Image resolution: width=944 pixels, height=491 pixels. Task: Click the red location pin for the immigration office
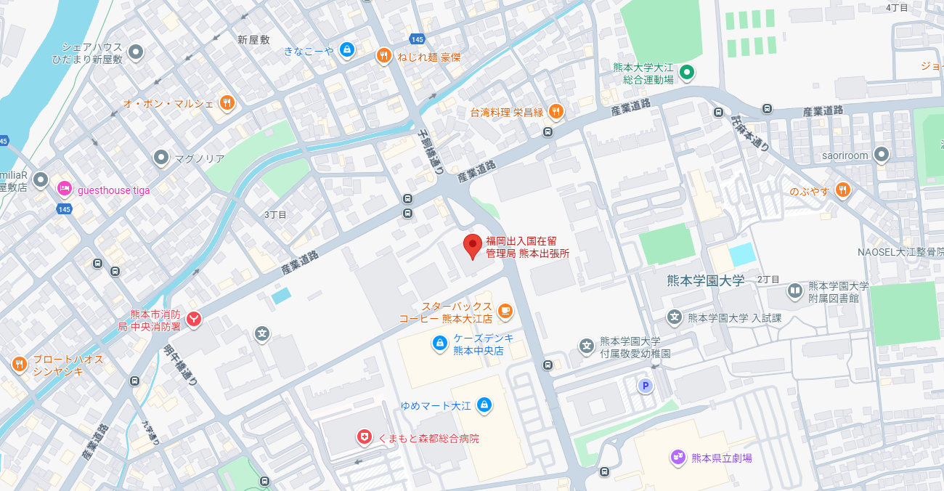(x=473, y=245)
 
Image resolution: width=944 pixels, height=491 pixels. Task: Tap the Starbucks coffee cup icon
(x=505, y=312)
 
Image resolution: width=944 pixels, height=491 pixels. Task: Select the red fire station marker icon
(x=194, y=319)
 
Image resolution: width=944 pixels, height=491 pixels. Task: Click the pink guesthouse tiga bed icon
(x=65, y=190)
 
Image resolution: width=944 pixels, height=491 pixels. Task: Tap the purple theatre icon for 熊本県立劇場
(x=678, y=457)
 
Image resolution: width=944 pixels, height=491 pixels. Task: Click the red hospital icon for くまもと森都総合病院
(x=364, y=437)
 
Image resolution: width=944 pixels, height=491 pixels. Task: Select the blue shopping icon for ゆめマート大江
(x=484, y=405)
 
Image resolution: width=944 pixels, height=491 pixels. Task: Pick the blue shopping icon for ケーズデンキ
(x=439, y=343)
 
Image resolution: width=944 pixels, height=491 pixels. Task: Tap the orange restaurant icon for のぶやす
(x=842, y=190)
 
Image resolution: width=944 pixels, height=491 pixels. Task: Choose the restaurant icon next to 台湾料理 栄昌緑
(x=556, y=111)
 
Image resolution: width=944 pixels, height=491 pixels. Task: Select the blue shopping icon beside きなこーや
(x=347, y=50)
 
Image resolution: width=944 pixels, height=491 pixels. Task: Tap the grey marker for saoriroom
(x=882, y=155)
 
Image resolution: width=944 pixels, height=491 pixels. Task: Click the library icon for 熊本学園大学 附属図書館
(x=795, y=291)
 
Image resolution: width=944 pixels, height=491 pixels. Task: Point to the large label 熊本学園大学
(x=706, y=280)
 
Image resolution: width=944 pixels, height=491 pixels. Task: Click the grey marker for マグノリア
(x=161, y=158)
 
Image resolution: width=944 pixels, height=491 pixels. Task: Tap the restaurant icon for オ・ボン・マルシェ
(x=227, y=103)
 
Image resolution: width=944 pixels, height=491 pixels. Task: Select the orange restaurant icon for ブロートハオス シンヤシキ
(x=20, y=364)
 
